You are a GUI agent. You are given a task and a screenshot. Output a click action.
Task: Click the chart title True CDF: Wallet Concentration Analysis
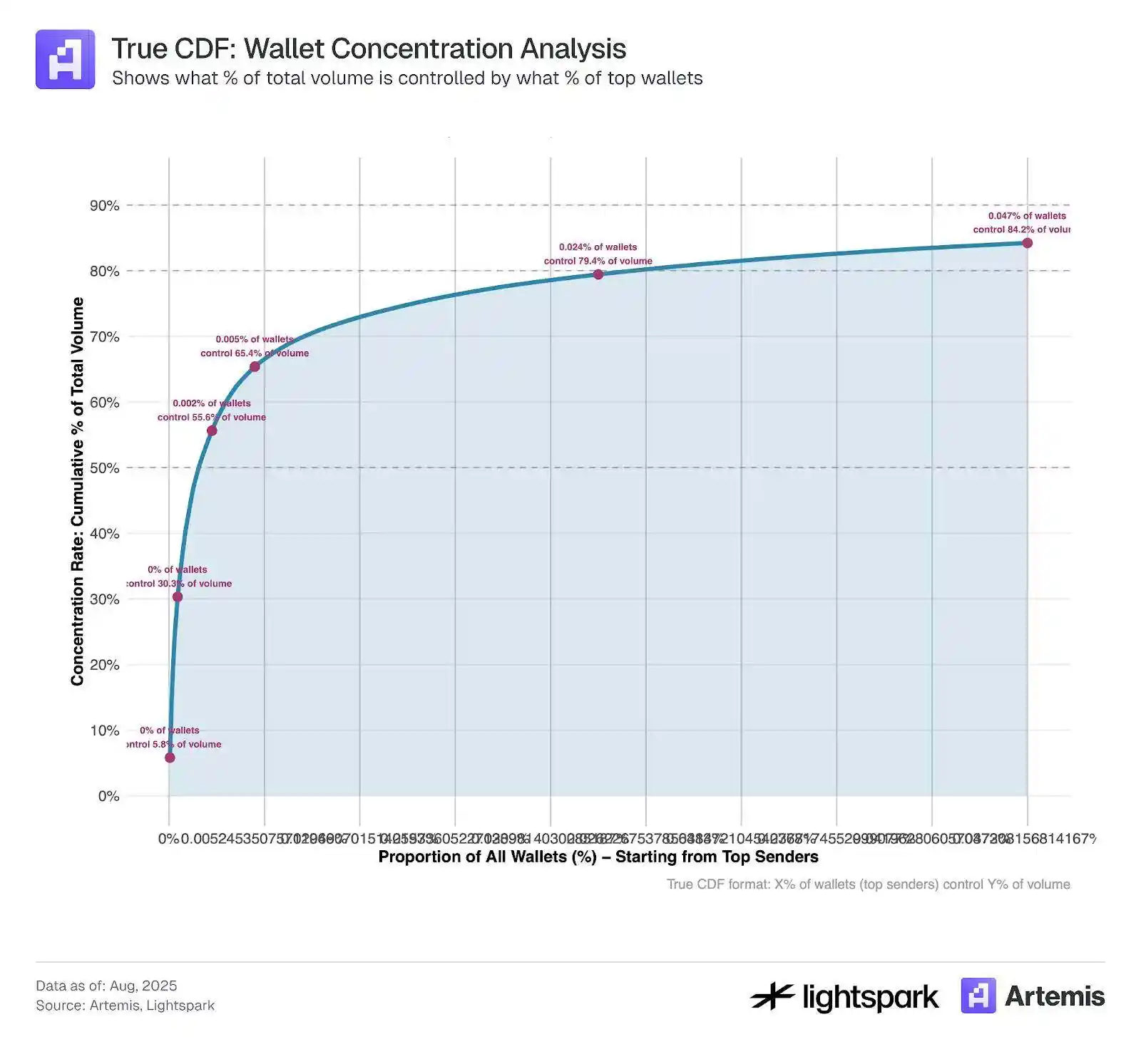[x=368, y=48]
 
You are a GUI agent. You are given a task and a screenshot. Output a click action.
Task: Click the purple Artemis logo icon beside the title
[x=65, y=59]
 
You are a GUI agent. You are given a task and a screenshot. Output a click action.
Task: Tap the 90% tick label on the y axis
[x=104, y=206]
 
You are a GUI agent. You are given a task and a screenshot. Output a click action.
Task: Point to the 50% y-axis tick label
[x=104, y=468]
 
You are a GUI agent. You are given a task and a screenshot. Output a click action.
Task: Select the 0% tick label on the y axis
[x=108, y=796]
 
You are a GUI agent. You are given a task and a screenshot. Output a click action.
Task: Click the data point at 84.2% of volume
[x=1027, y=243]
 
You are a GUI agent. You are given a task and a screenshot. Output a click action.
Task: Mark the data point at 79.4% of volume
[x=598, y=274]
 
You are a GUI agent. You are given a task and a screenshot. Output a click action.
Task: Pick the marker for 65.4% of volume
[x=255, y=366]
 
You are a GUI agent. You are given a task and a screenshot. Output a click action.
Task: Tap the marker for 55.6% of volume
[x=212, y=430]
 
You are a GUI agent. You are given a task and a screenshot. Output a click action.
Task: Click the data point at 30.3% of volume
[x=178, y=596]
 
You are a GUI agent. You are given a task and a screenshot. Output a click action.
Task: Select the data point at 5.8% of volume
[x=170, y=758]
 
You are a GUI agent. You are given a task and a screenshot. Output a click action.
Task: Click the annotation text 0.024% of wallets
[x=598, y=247]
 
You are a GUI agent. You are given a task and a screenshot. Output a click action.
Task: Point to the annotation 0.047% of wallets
[x=1026, y=216]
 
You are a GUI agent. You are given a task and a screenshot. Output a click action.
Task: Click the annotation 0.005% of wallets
[x=255, y=339]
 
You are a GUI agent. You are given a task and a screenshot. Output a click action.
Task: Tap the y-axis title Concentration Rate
[x=77, y=492]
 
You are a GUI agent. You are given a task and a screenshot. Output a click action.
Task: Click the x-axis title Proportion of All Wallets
[x=598, y=857]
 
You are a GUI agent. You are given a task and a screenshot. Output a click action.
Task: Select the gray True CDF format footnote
[x=868, y=884]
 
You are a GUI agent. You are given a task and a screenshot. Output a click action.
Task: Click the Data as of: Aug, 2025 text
[x=106, y=986]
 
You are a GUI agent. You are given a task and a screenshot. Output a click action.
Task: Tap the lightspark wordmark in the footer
[x=870, y=997]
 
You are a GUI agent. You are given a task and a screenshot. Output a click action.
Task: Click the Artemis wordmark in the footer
[x=1054, y=996]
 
